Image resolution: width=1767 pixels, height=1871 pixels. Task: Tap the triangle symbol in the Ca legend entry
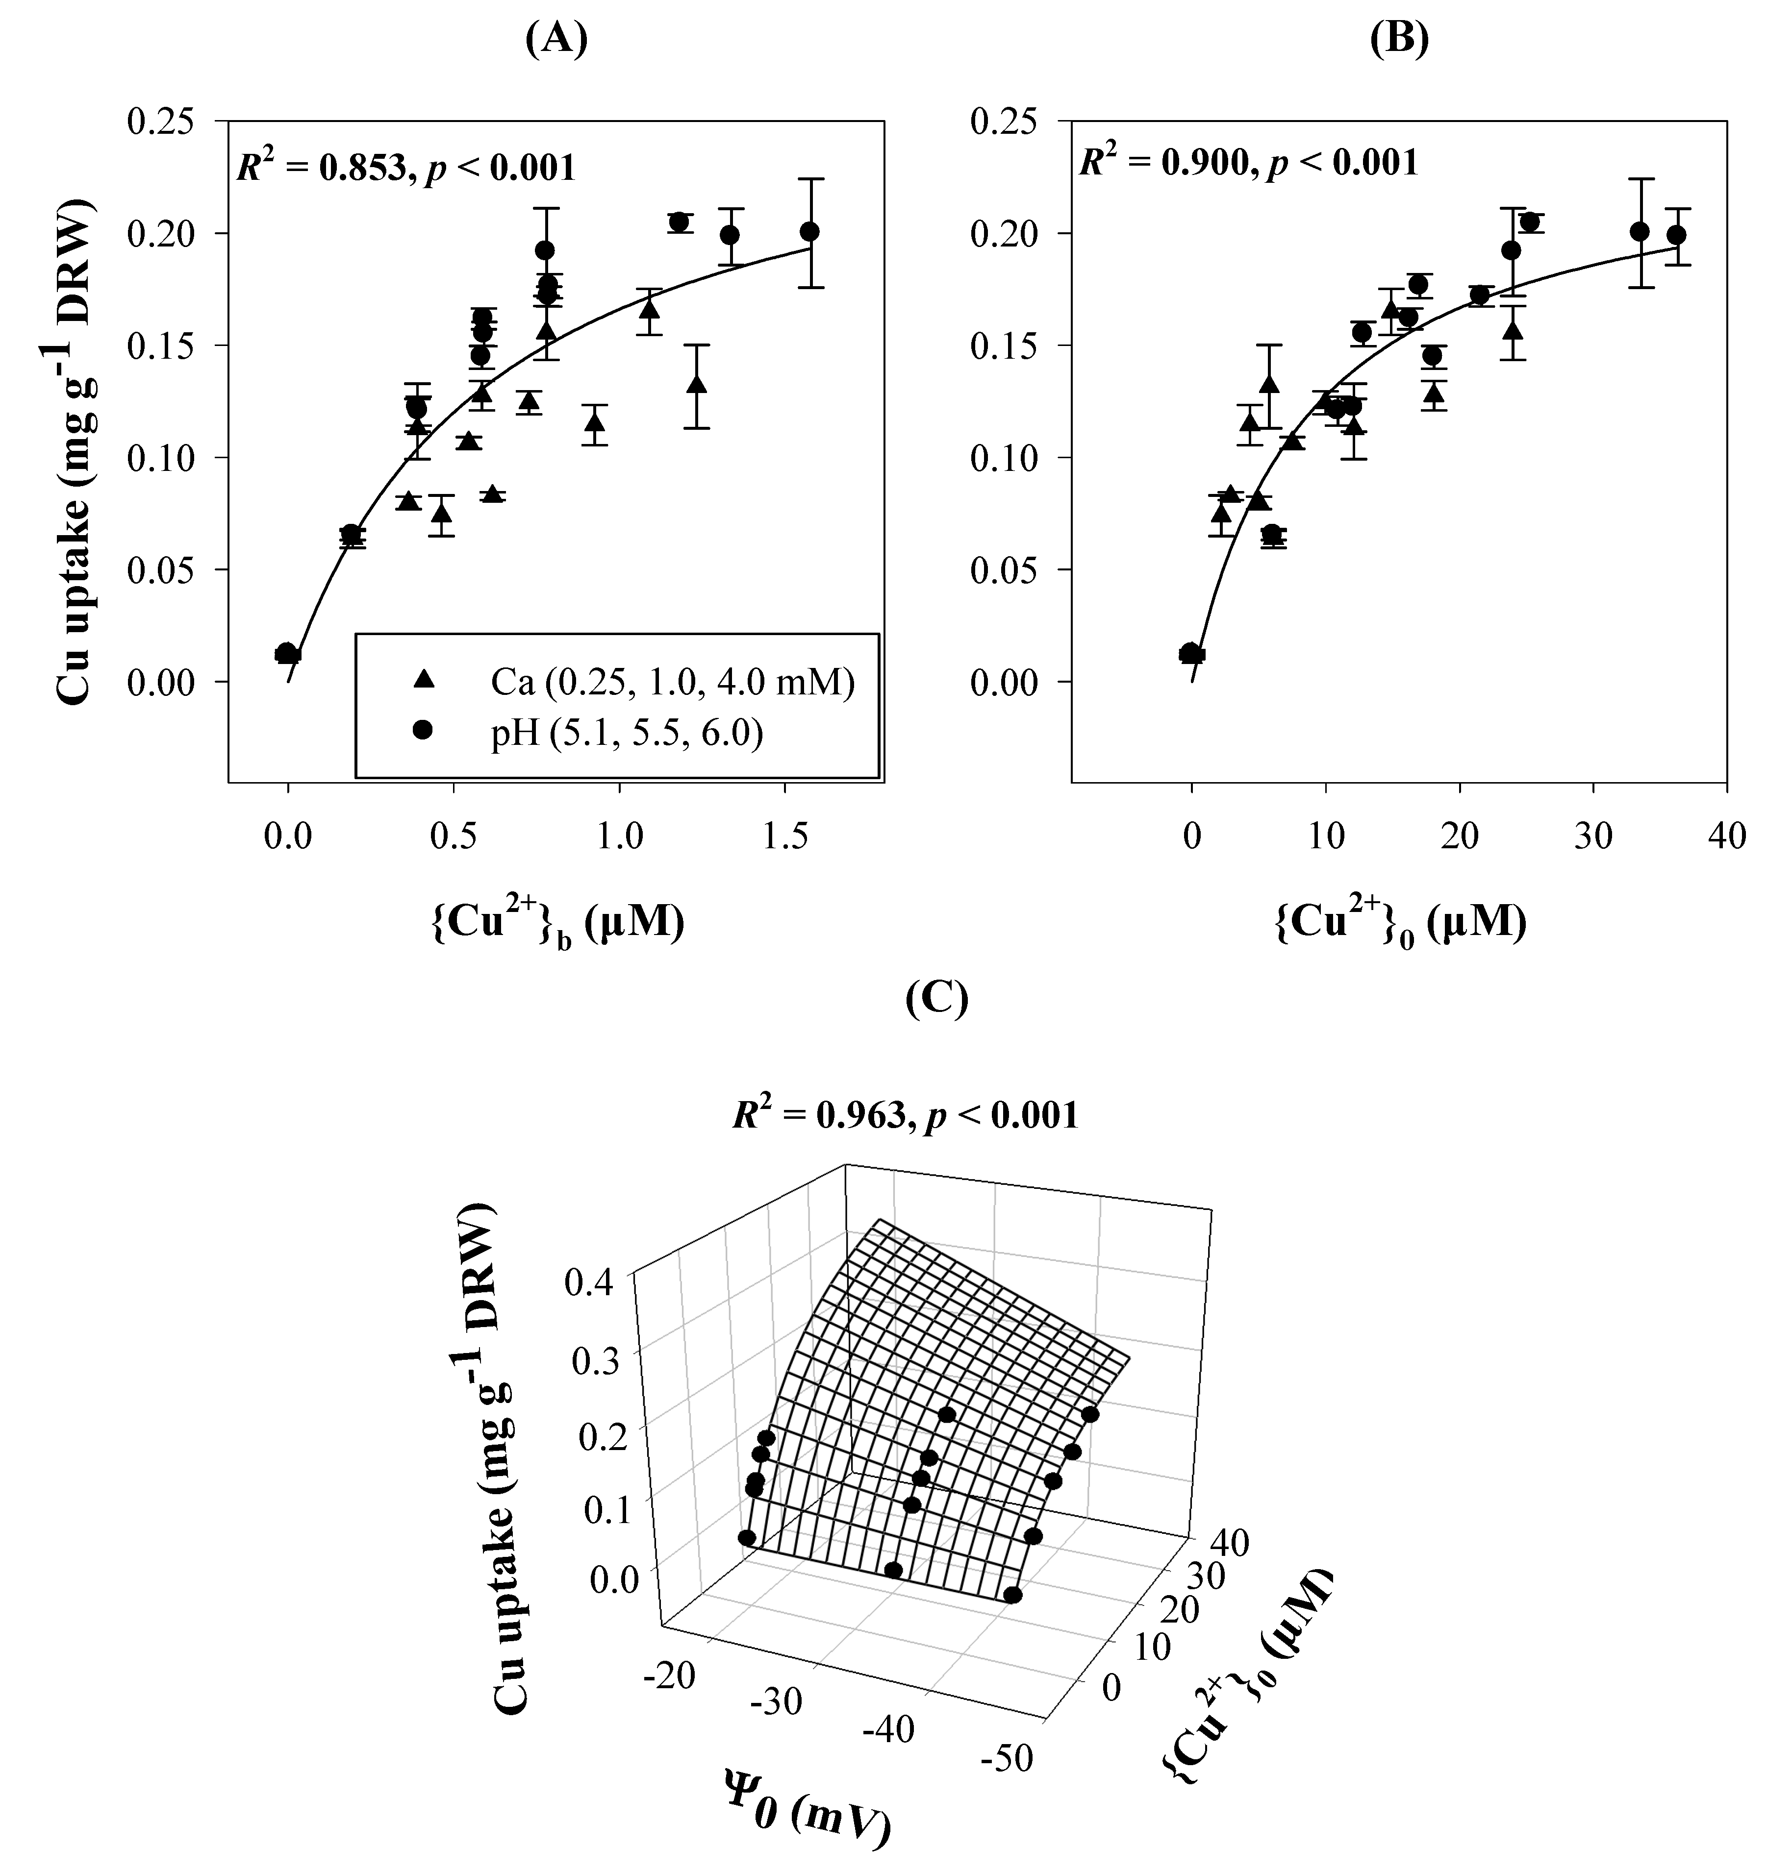424,678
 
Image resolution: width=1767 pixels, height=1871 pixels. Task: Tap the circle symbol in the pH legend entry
424,730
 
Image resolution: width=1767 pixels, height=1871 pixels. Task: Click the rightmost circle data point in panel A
809,232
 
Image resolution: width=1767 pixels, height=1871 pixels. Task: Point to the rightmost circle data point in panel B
1676,234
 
